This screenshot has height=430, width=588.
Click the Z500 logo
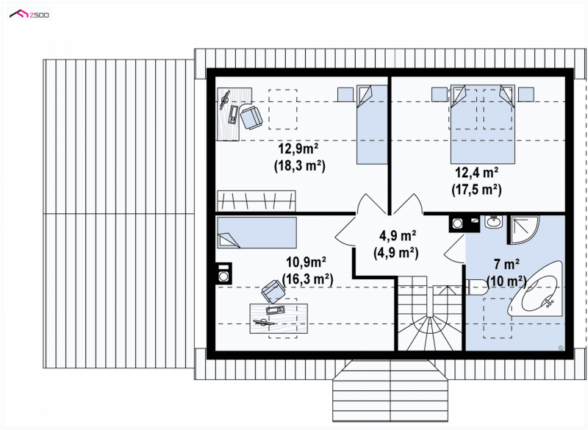point(29,15)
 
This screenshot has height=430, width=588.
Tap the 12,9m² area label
point(298,148)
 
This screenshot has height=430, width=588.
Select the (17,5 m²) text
point(476,190)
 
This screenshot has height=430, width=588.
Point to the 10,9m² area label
point(306,262)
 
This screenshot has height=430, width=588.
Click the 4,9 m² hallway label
point(398,236)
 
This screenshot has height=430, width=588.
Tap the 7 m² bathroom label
point(506,265)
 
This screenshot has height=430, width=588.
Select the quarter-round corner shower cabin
point(523,230)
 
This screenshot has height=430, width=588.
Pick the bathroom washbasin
point(493,222)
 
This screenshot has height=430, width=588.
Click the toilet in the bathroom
point(476,287)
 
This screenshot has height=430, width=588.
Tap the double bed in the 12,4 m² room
point(482,124)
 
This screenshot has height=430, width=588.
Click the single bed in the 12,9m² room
point(372,124)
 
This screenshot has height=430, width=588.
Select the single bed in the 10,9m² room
point(257,233)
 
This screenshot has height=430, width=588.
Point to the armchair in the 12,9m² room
point(251,117)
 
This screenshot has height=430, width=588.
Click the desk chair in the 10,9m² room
point(273,291)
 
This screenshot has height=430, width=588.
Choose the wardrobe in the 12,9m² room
point(257,201)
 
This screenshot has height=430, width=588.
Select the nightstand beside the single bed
point(345,95)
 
